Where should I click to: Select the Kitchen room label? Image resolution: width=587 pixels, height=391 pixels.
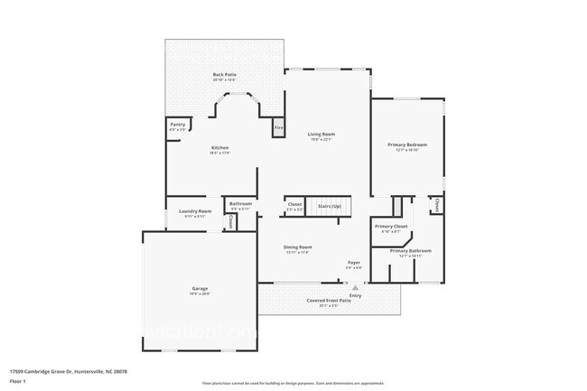click(220, 148)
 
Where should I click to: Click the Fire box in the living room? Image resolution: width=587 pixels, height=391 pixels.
click(279, 129)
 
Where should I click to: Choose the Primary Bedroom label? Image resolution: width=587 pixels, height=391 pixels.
click(407, 145)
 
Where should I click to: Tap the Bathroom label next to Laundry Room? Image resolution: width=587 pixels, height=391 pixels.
click(240, 204)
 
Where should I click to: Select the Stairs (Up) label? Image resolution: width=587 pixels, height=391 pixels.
click(329, 207)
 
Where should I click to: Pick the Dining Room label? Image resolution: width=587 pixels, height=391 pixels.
click(298, 248)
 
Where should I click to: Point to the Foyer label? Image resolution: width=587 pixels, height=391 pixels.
click(355, 263)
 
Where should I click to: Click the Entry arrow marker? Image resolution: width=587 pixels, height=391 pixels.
click(355, 288)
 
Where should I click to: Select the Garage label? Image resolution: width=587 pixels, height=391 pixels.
click(199, 289)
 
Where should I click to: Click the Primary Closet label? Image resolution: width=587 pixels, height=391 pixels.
click(391, 228)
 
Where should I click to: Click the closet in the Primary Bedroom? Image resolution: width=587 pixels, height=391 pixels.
click(437, 205)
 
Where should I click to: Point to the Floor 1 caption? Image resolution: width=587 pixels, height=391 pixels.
click(18, 381)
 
